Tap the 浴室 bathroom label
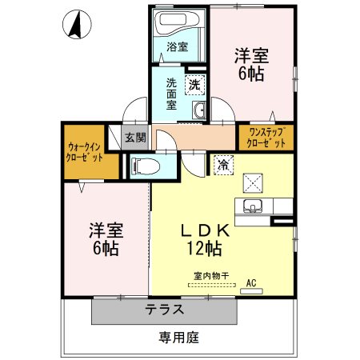click(178, 47)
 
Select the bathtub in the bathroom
click(178, 22)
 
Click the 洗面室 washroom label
click(171, 93)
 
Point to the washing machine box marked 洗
click(195, 82)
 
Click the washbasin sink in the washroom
click(199, 110)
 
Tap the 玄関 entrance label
click(135, 138)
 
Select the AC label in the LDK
click(250, 282)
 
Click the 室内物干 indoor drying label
click(210, 276)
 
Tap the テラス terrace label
click(165, 310)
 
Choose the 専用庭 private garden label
click(178, 338)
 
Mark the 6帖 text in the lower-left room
click(105, 248)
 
